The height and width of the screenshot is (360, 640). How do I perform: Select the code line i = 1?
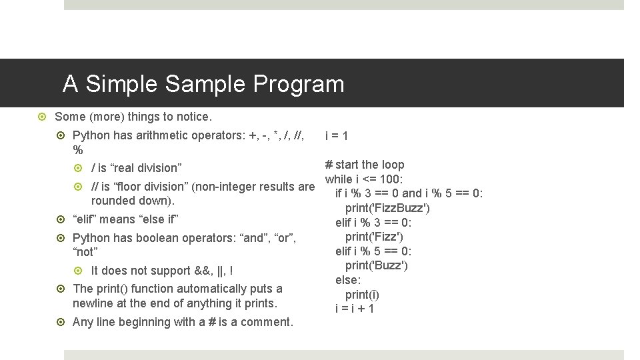[336, 136]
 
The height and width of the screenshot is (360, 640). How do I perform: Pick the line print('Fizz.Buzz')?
[387, 208]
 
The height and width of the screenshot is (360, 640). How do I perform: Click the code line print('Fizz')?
[374, 237]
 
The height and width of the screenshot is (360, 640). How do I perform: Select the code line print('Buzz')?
[376, 265]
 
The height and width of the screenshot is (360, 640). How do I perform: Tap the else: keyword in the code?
[348, 280]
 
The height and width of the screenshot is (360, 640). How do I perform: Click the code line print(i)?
[362, 294]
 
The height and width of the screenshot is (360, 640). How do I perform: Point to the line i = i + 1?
[355, 309]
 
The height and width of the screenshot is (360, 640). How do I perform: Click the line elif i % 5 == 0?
[373, 251]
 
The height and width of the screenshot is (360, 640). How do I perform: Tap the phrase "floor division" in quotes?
[147, 186]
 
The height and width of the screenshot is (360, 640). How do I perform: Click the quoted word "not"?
[85, 252]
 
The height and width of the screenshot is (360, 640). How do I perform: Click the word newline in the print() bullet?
[95, 303]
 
